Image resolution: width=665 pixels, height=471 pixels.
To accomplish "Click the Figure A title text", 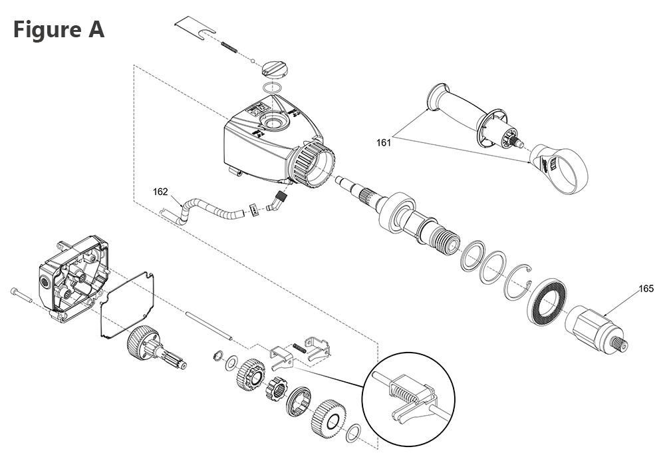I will tap(59, 30).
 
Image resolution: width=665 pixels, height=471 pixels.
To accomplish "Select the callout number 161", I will tap(383, 141).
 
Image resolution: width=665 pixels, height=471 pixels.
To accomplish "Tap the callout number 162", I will tap(160, 192).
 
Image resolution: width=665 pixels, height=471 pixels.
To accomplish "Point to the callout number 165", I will tap(646, 289).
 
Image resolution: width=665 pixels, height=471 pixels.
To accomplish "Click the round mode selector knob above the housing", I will tap(276, 68).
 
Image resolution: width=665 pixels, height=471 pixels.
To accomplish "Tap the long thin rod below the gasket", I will tap(209, 327).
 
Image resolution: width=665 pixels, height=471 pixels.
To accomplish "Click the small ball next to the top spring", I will tap(254, 61).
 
